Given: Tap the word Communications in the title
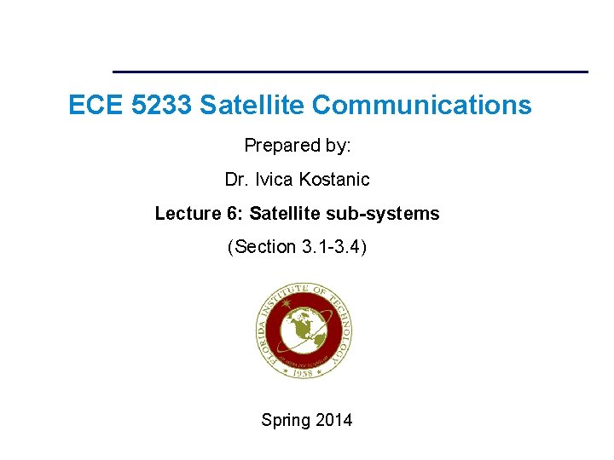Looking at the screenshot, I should click(x=421, y=106).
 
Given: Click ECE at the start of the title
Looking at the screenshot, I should click(x=89, y=106).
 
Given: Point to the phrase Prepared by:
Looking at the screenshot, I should click(x=298, y=146).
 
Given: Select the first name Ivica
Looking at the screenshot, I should click(x=273, y=180).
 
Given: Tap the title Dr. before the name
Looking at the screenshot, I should click(x=236, y=180).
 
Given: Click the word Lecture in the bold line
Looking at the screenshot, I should click(x=183, y=214).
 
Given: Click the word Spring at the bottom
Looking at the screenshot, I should click(x=287, y=420).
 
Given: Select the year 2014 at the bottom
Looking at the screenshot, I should click(x=334, y=420).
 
